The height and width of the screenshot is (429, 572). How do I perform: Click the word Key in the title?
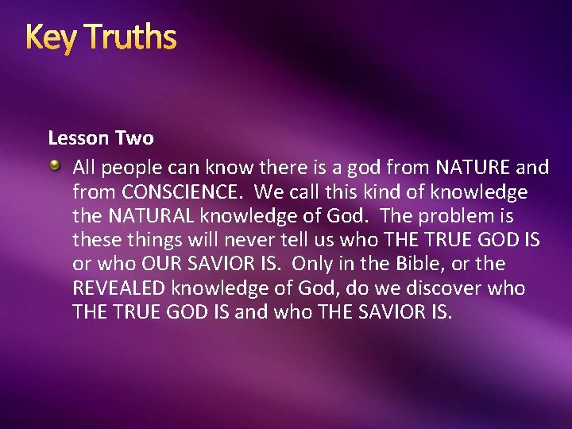click(x=48, y=37)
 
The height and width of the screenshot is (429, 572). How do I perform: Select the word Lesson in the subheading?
click(x=78, y=138)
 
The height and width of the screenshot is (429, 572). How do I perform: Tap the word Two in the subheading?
click(x=134, y=138)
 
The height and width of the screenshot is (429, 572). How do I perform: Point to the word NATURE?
click(x=473, y=168)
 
